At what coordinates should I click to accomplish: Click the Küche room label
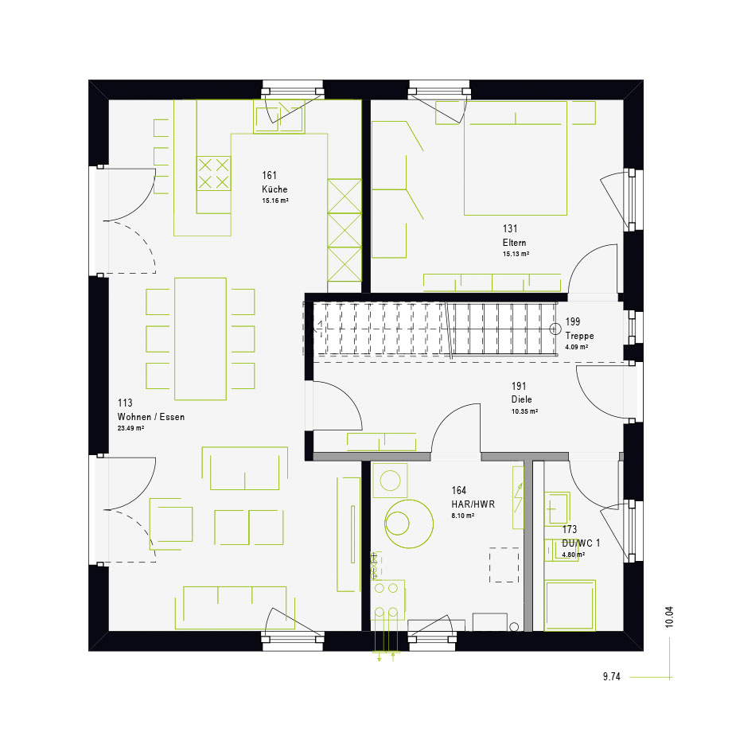pos(274,189)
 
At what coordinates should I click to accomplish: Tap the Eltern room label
pos(515,243)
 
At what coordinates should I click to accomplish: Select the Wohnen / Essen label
pos(151,417)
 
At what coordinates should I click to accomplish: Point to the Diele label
pos(521,399)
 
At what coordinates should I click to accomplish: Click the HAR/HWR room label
pos(473,504)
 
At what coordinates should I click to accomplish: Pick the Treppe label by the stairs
pos(579,336)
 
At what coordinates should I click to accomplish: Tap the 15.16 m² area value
pos(275,201)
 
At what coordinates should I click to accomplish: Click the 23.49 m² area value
pos(130,428)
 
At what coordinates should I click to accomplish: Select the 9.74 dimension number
pos(612,676)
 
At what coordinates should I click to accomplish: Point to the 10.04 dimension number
pos(669,617)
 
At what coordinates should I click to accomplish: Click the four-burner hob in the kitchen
pos(213,173)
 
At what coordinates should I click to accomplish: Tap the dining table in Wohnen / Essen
pos(201,339)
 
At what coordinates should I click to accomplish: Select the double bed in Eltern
pos(516,158)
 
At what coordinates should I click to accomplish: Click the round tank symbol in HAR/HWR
pos(409,524)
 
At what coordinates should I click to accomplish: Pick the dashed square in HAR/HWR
pos(504,565)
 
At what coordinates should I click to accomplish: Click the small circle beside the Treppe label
pos(555,329)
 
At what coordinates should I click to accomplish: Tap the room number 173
pos(570,529)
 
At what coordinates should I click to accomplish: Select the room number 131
pos(510,229)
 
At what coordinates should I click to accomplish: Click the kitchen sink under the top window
pos(278,117)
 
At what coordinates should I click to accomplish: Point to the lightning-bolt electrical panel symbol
pos(518,497)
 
